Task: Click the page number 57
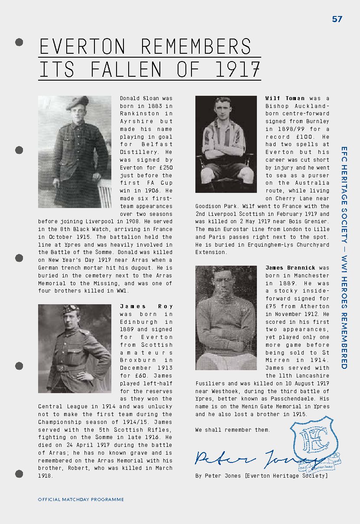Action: pos(337,19)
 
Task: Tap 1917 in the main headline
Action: pos(237,70)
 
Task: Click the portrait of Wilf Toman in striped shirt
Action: pos(226,144)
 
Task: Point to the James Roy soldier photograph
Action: pos(75,348)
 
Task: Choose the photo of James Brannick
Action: pos(226,317)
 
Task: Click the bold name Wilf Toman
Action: pos(285,98)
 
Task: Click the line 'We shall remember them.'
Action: pos(233,430)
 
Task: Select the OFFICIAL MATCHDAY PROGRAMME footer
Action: pos(81,499)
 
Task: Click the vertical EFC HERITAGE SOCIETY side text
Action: pos(344,258)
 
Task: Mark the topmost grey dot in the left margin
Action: pos(19,42)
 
